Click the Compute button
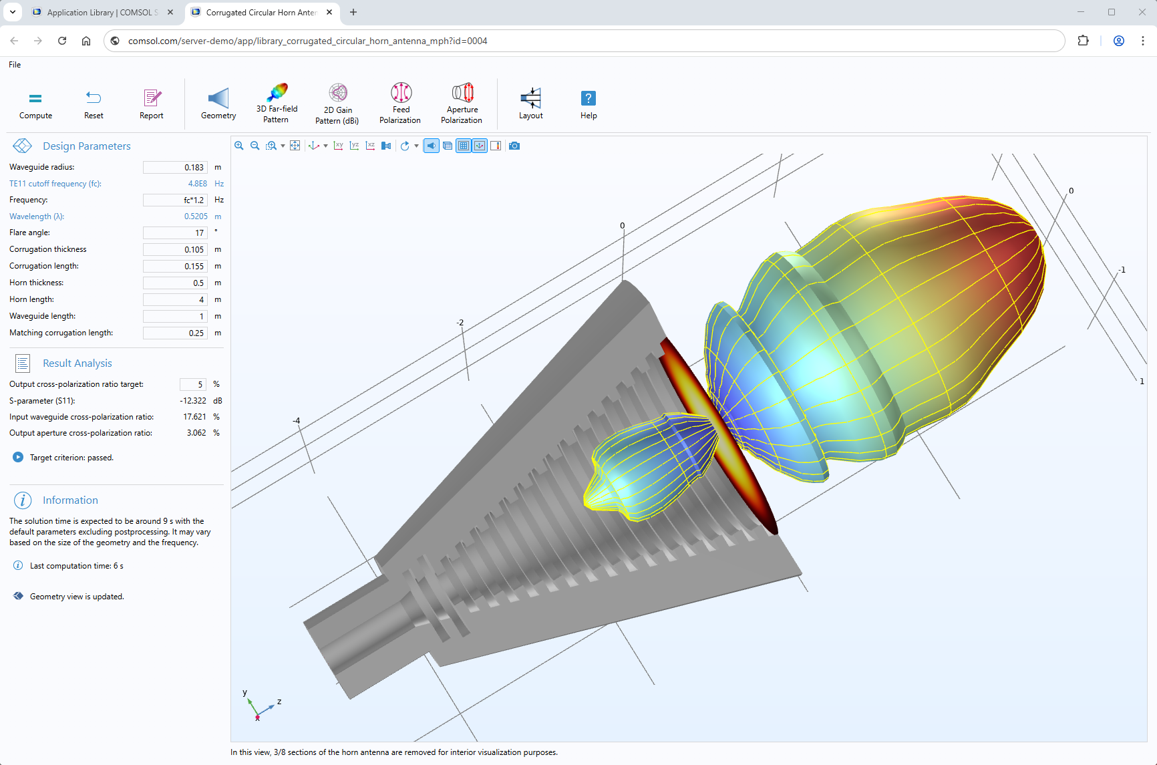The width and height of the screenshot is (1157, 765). pos(35,104)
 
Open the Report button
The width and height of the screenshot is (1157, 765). pos(152,104)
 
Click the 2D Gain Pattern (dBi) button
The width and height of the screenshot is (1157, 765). pos(337,104)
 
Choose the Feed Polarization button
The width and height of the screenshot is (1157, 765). pos(400,103)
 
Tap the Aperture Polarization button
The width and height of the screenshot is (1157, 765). pos(462,103)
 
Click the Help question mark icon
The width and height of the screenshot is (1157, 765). pos(588,98)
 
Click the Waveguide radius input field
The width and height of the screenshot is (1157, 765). pos(175,168)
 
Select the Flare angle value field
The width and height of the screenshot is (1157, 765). pos(175,233)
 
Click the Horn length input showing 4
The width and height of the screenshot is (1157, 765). pos(175,300)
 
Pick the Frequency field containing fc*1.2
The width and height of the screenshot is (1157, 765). pos(175,200)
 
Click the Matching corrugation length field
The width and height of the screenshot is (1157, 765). pos(175,333)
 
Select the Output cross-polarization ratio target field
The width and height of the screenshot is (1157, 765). pos(192,385)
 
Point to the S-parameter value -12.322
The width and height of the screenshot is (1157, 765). pos(193,401)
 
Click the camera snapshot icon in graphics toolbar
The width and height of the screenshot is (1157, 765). pos(514,146)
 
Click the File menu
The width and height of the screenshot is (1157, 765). pos(15,65)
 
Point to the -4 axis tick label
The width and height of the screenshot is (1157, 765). pos(296,421)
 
